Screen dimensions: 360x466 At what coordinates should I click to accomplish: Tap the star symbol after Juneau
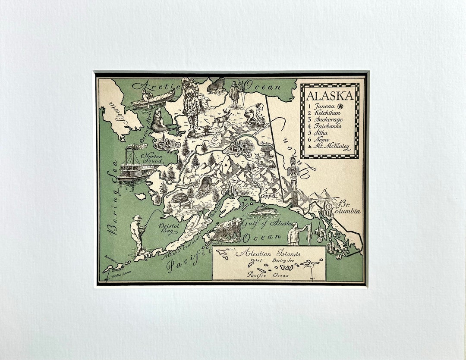(340, 106)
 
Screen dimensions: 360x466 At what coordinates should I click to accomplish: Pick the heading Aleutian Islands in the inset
(268, 254)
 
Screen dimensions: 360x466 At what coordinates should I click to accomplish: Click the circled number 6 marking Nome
(177, 145)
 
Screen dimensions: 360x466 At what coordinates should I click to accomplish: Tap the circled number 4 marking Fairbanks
(249, 154)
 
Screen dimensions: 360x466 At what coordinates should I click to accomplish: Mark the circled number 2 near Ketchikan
(339, 257)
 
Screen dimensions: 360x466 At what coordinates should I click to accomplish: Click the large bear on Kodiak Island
(227, 230)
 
